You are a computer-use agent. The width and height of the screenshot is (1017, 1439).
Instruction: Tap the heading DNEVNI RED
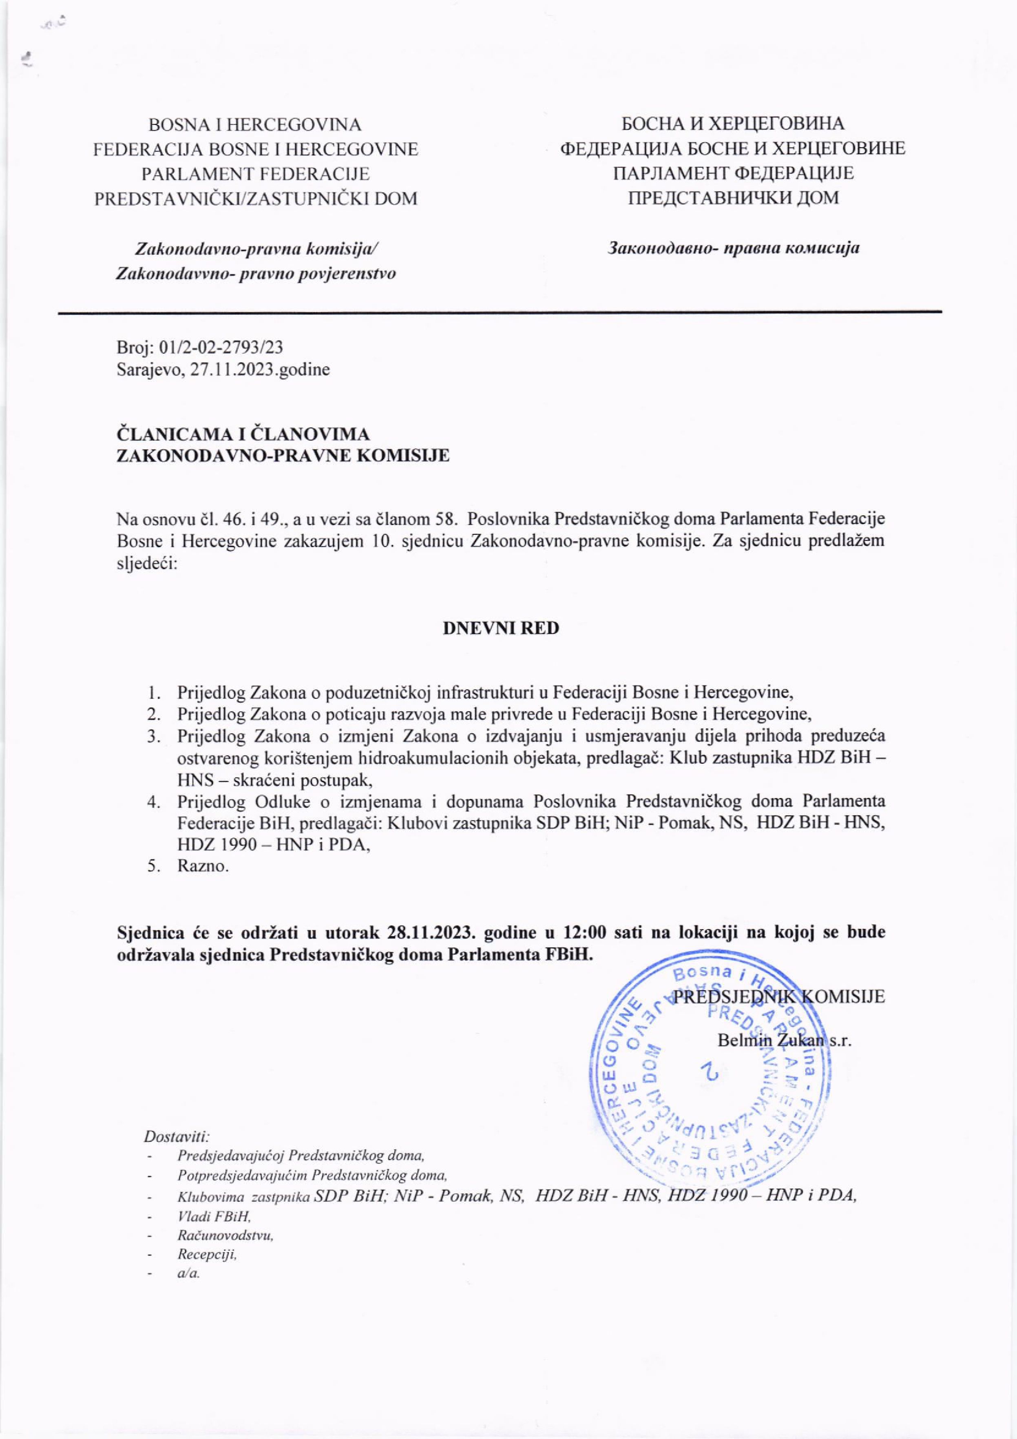click(x=501, y=628)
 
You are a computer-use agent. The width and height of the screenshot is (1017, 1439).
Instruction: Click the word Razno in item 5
click(x=202, y=868)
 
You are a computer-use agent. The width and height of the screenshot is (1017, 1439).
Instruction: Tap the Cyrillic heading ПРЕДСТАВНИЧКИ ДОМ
click(x=733, y=198)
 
